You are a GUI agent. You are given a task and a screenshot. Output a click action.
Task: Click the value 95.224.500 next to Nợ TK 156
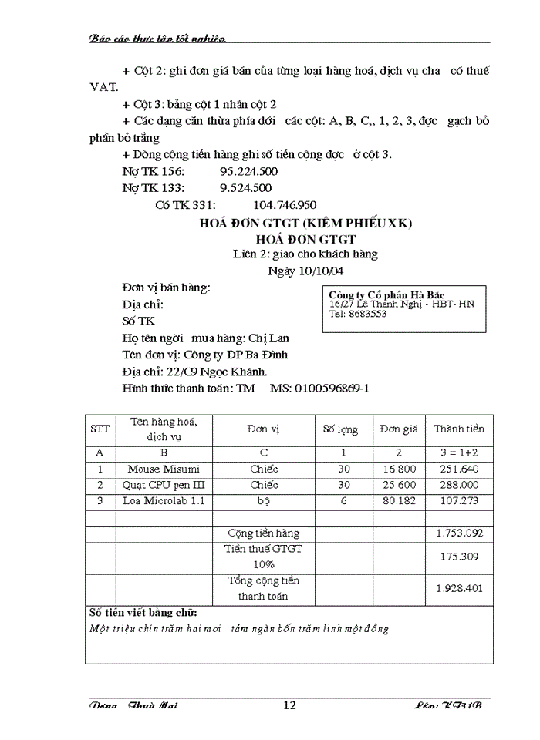(248, 171)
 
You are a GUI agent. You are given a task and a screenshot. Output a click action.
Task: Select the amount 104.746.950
(285, 205)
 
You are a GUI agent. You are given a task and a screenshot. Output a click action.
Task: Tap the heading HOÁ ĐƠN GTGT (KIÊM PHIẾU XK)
(306, 224)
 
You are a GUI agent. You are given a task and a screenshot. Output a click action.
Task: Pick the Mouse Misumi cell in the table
(164, 469)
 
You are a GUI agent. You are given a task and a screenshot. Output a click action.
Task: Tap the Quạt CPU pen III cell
(164, 485)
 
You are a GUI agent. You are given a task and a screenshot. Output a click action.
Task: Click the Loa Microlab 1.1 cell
(164, 501)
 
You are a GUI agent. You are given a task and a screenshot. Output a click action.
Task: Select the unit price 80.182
(399, 501)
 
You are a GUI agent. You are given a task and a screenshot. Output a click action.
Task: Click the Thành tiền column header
(459, 429)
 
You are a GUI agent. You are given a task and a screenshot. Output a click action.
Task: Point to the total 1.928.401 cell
(459, 587)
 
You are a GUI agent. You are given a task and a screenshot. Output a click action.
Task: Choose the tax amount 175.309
(459, 556)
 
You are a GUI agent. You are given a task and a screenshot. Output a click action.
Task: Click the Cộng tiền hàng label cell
(264, 533)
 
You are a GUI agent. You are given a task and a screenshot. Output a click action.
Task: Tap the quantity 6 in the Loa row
(344, 501)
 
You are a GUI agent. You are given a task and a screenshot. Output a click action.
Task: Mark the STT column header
(100, 429)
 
